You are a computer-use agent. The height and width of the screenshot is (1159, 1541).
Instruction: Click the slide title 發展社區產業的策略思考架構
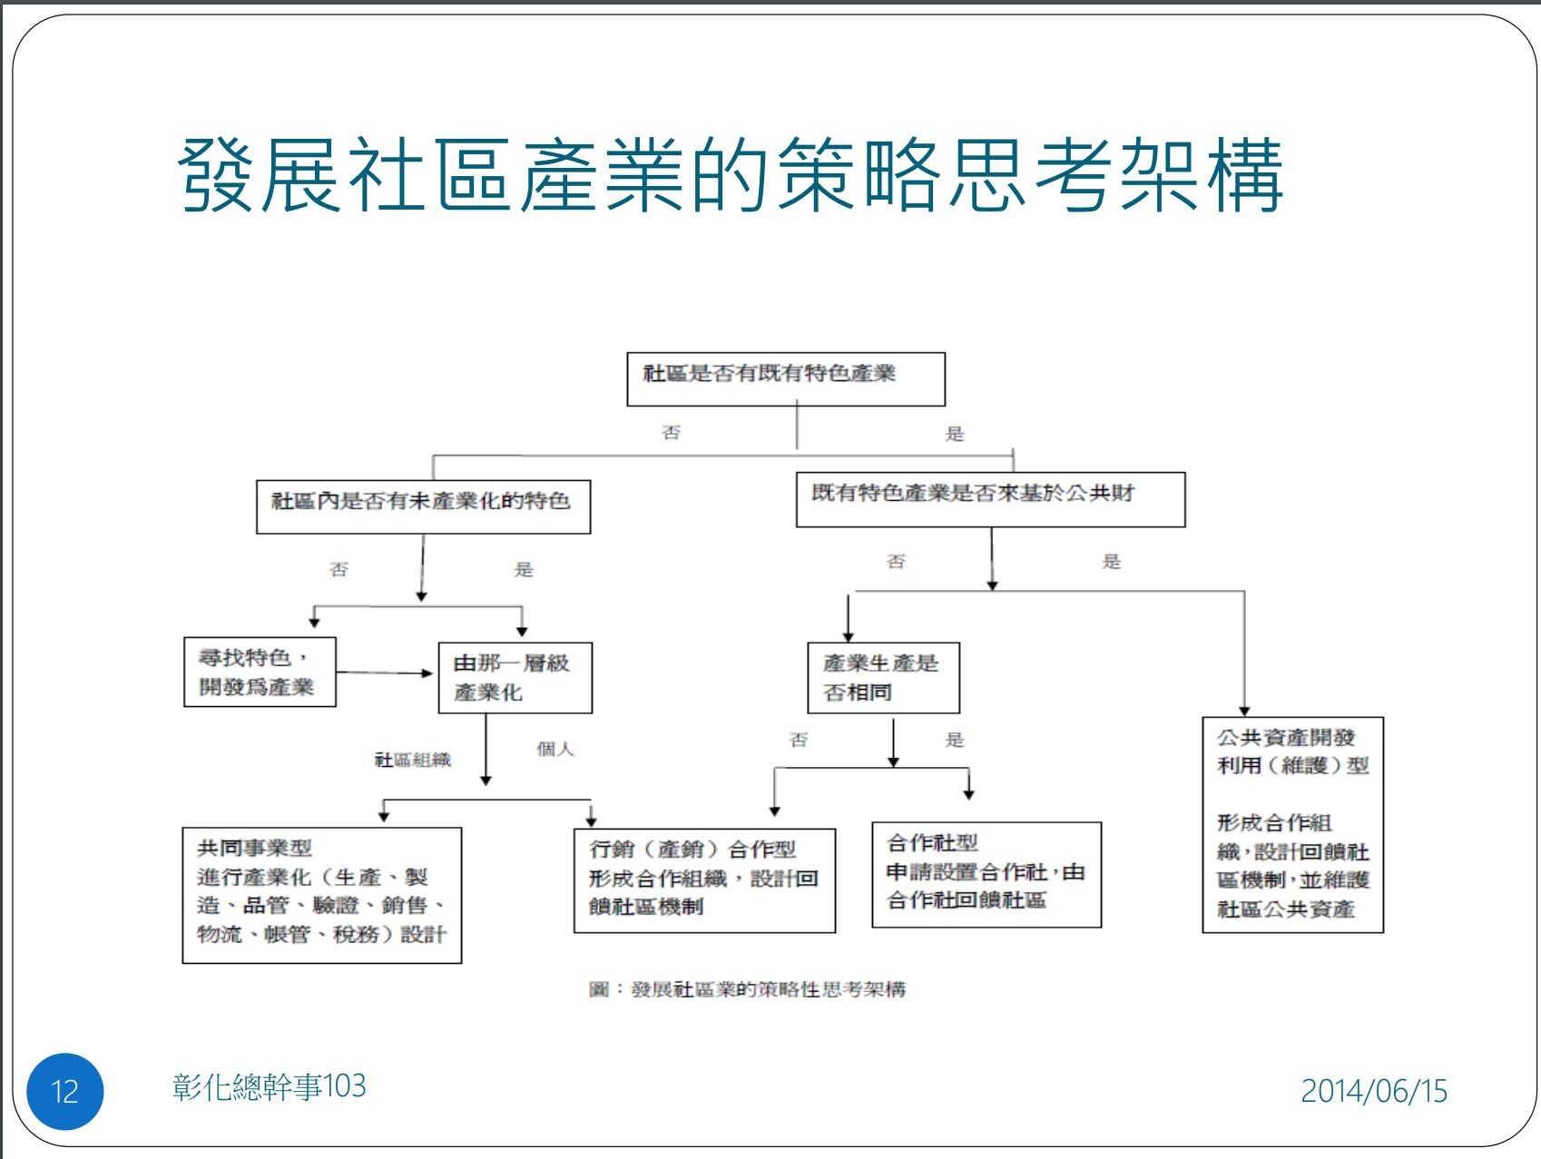(731, 174)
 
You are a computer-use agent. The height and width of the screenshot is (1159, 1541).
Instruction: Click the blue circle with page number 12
(65, 1091)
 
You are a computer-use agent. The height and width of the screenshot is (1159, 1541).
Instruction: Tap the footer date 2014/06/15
(1373, 1090)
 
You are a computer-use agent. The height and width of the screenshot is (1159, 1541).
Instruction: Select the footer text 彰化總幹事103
(270, 1086)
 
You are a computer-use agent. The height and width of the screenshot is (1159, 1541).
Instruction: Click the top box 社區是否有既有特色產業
(785, 378)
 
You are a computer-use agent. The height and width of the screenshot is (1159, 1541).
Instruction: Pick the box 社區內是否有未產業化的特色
(423, 506)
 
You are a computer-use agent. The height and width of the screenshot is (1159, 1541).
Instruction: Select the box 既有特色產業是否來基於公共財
(990, 499)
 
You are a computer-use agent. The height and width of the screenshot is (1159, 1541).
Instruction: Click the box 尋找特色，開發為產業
(260, 672)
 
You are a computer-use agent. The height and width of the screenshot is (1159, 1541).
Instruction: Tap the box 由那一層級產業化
(515, 678)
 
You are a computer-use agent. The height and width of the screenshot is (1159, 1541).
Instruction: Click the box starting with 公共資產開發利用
(1292, 824)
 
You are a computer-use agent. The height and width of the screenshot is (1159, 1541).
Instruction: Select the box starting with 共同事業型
(321, 894)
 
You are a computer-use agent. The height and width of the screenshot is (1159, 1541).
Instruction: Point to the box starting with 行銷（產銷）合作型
(703, 879)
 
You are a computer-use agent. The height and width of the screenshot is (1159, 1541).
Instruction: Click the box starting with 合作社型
(986, 874)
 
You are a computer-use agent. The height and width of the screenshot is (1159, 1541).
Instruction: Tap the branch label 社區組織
(413, 760)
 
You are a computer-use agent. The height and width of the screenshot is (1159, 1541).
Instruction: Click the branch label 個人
(555, 749)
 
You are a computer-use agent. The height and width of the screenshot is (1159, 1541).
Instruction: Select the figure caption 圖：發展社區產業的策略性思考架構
(747, 989)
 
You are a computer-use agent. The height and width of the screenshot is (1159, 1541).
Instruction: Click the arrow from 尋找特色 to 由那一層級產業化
(385, 673)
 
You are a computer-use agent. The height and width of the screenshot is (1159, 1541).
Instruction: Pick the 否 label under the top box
(671, 433)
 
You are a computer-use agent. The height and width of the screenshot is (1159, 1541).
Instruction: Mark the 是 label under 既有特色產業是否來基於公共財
(1111, 562)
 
